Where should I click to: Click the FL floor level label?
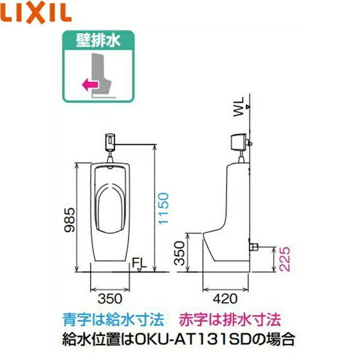(x=139, y=262)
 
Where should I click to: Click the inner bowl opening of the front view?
(x=111, y=207)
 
